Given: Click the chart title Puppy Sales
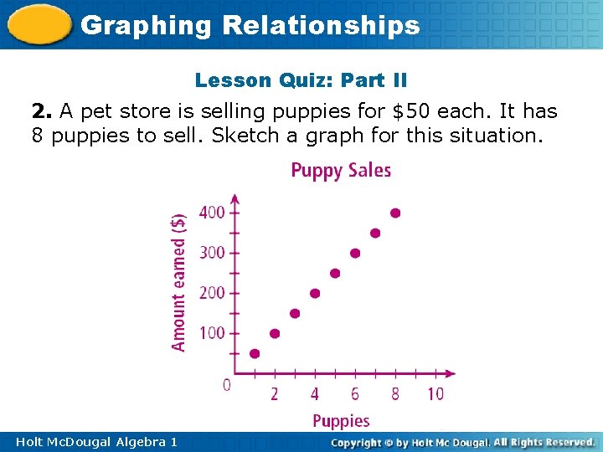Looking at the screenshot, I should (x=341, y=171).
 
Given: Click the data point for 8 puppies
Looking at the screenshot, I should (x=395, y=213).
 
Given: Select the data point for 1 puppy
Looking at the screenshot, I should (x=255, y=353).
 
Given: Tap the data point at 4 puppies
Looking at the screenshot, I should (x=315, y=293).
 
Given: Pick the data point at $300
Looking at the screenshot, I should (x=355, y=253).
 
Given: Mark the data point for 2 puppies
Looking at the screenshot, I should (x=275, y=333).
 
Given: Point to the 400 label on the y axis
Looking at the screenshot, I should (x=212, y=213).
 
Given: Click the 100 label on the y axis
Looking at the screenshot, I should (x=212, y=333).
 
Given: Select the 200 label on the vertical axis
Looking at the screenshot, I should (x=212, y=293).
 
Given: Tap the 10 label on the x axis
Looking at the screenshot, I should (x=435, y=393).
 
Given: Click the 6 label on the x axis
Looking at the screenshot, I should (x=355, y=393).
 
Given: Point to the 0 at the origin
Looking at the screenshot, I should (x=226, y=385).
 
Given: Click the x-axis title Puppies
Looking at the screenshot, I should (x=341, y=421).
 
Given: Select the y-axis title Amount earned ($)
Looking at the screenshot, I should (x=178, y=281).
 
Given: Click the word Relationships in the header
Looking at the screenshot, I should (x=321, y=25).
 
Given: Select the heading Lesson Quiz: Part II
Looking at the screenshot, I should (x=301, y=80).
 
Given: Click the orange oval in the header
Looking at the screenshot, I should (x=39, y=25).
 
